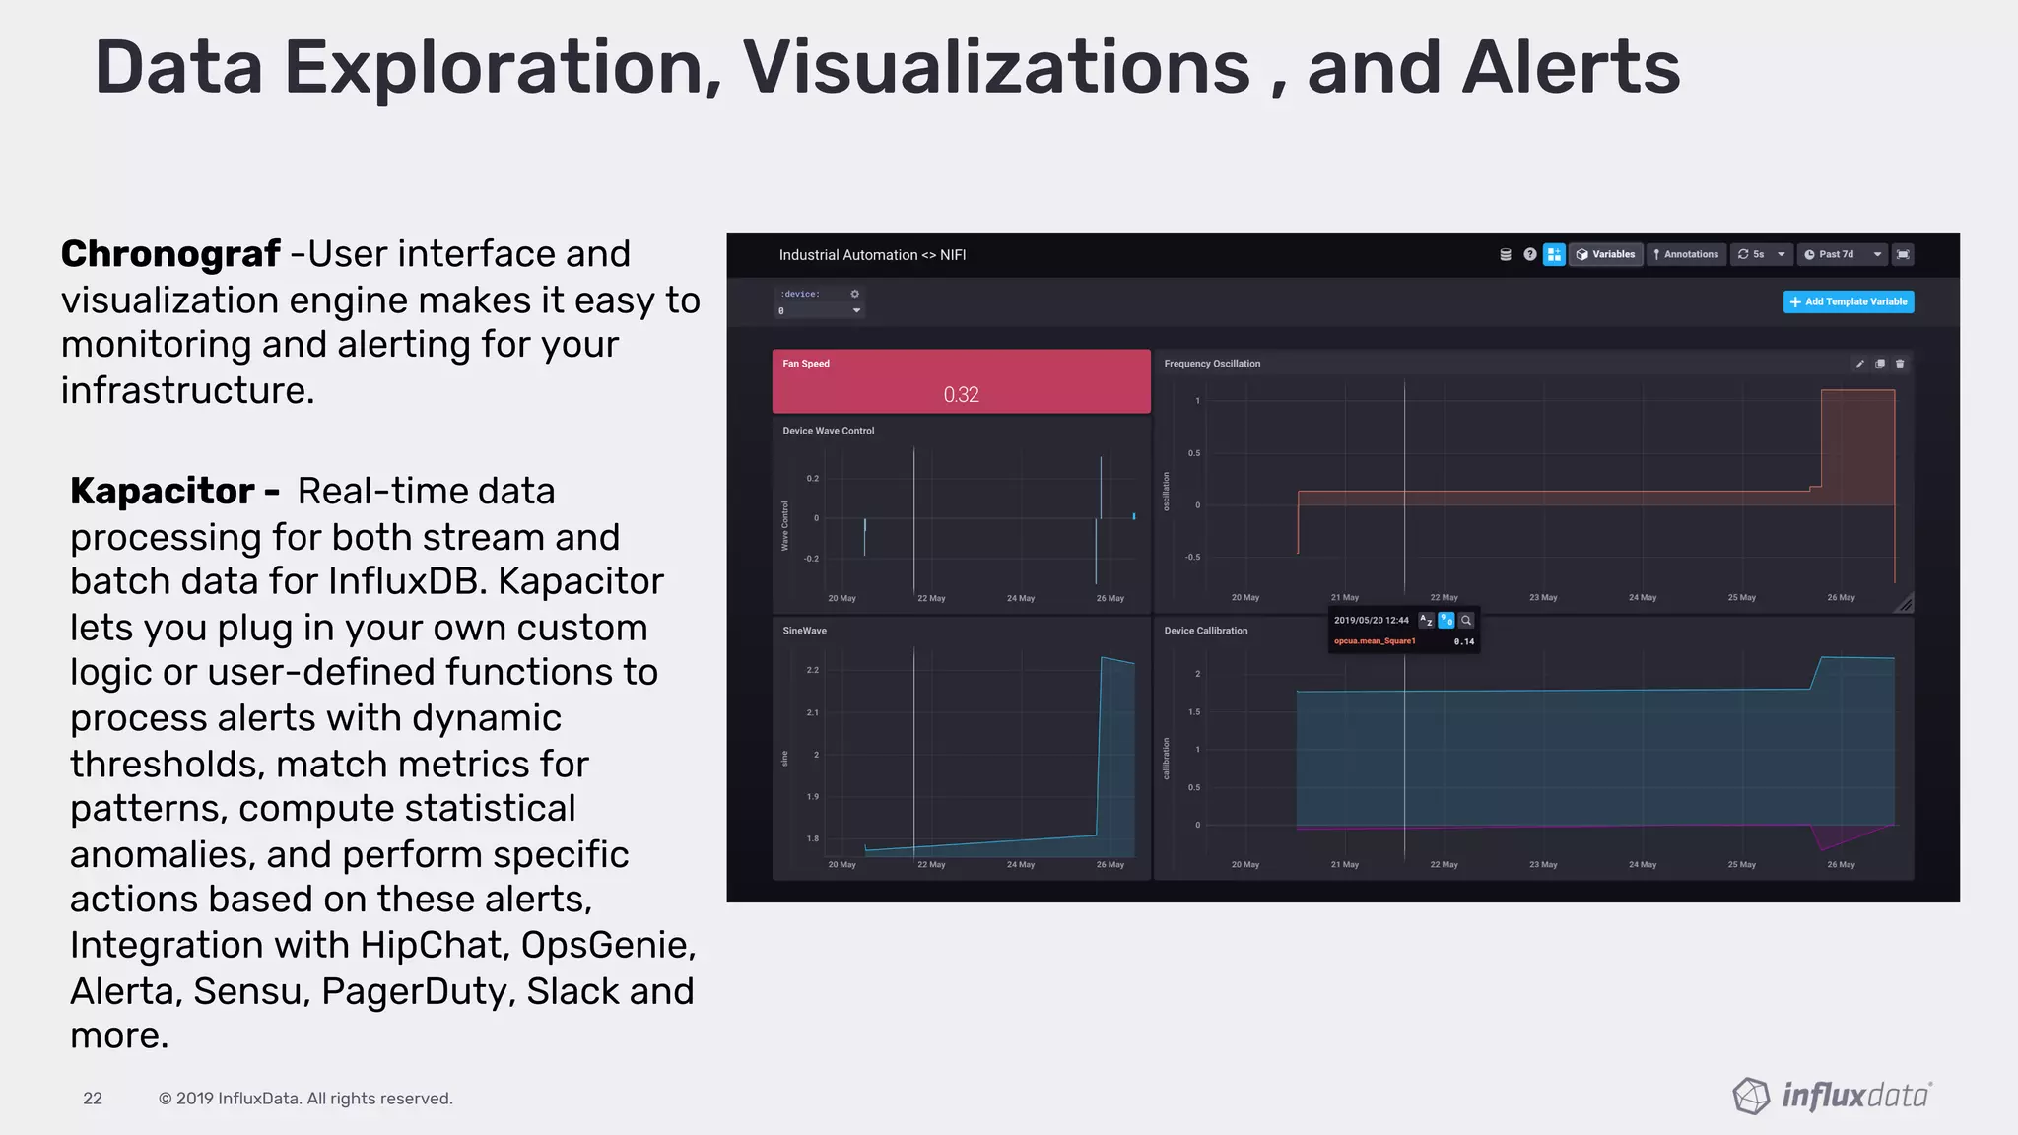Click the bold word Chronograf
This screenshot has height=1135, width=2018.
[x=170, y=254]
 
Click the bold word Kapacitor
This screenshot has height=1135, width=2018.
[x=163, y=491]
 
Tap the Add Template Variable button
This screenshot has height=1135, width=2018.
[x=1849, y=301]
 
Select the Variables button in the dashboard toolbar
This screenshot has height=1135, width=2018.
[x=1605, y=254]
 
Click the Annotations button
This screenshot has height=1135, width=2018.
[x=1686, y=254]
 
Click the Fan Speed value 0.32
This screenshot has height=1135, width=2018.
[x=961, y=394]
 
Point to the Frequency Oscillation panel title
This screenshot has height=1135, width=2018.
[x=1212, y=364]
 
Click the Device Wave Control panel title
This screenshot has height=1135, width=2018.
[x=828, y=431]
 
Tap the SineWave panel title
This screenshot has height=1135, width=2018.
[x=804, y=631]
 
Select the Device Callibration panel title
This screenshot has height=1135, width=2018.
[x=1205, y=631]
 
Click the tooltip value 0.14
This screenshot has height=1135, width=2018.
[x=1464, y=641]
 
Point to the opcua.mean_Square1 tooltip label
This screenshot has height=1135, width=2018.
[x=1375, y=641]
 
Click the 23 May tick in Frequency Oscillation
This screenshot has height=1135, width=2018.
[x=1543, y=597]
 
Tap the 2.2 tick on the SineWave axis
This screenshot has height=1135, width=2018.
[x=812, y=670]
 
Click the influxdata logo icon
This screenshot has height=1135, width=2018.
[x=1751, y=1096]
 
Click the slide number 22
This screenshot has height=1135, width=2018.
[x=93, y=1099]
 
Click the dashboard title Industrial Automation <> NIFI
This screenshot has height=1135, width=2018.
[x=872, y=255]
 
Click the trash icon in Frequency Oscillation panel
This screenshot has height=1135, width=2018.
[x=1900, y=364]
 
